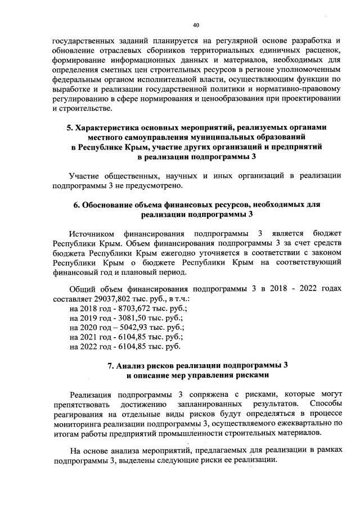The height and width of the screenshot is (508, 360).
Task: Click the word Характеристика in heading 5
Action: coord(109,128)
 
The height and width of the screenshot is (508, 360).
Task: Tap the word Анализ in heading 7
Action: coord(134,365)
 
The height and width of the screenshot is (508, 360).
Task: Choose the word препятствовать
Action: coord(81,404)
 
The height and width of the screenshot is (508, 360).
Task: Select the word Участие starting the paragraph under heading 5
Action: coord(85,176)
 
